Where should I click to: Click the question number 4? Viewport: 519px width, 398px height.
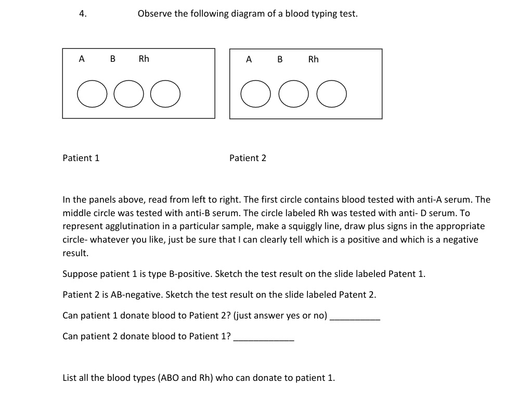(x=82, y=14)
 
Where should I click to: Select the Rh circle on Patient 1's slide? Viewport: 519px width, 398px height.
(x=165, y=94)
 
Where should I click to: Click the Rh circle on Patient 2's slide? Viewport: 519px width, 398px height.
(x=331, y=94)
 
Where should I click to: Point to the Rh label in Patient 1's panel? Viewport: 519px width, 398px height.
(x=144, y=59)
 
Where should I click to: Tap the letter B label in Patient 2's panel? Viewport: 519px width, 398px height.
(x=280, y=60)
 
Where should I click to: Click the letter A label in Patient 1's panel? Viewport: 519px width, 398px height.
(x=82, y=59)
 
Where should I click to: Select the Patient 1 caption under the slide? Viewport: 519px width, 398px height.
(x=81, y=158)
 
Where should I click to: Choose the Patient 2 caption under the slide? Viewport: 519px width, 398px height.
(x=248, y=158)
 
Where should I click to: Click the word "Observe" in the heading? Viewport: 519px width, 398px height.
(x=155, y=14)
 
